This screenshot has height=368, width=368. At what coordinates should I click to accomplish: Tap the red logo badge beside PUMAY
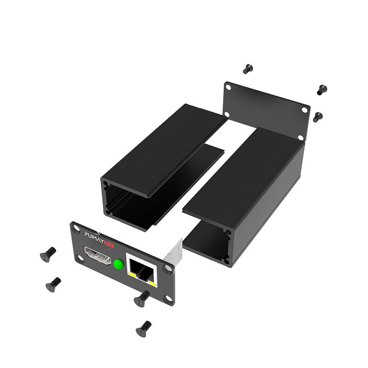pos(109,244)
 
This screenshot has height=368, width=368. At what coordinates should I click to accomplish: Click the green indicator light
pos(119,264)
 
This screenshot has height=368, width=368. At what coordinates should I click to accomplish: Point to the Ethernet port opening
pos(142,270)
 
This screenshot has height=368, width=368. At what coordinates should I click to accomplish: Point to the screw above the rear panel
pos(247,69)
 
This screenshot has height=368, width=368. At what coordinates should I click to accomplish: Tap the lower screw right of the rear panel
pos(317,117)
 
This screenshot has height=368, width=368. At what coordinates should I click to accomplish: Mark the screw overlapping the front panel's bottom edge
pos(142,299)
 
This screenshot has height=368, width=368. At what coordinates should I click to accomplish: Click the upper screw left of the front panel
pos(48,254)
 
